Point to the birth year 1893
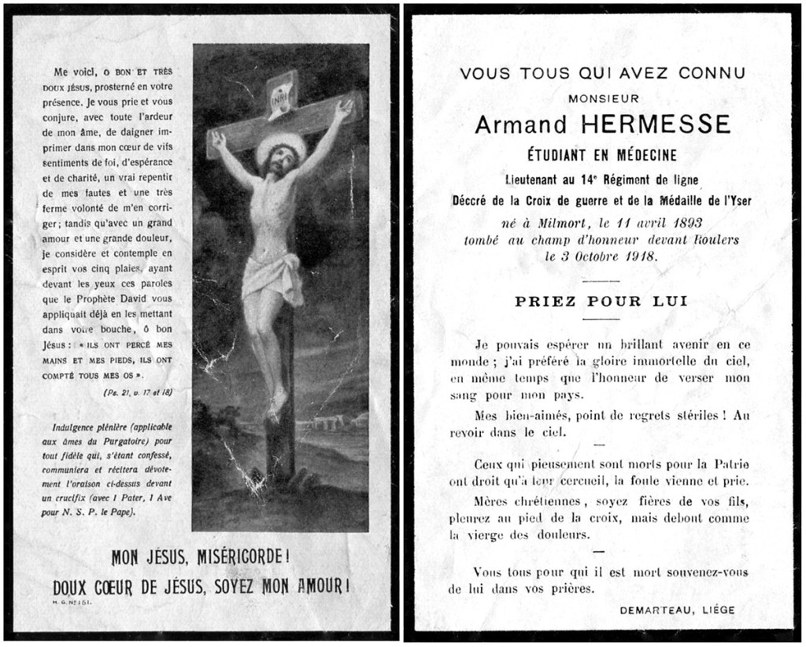pos(679,223)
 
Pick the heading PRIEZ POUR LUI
pos(601,300)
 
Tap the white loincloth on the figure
pos(272,278)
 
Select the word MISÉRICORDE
pos(234,557)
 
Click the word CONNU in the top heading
pos(706,74)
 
